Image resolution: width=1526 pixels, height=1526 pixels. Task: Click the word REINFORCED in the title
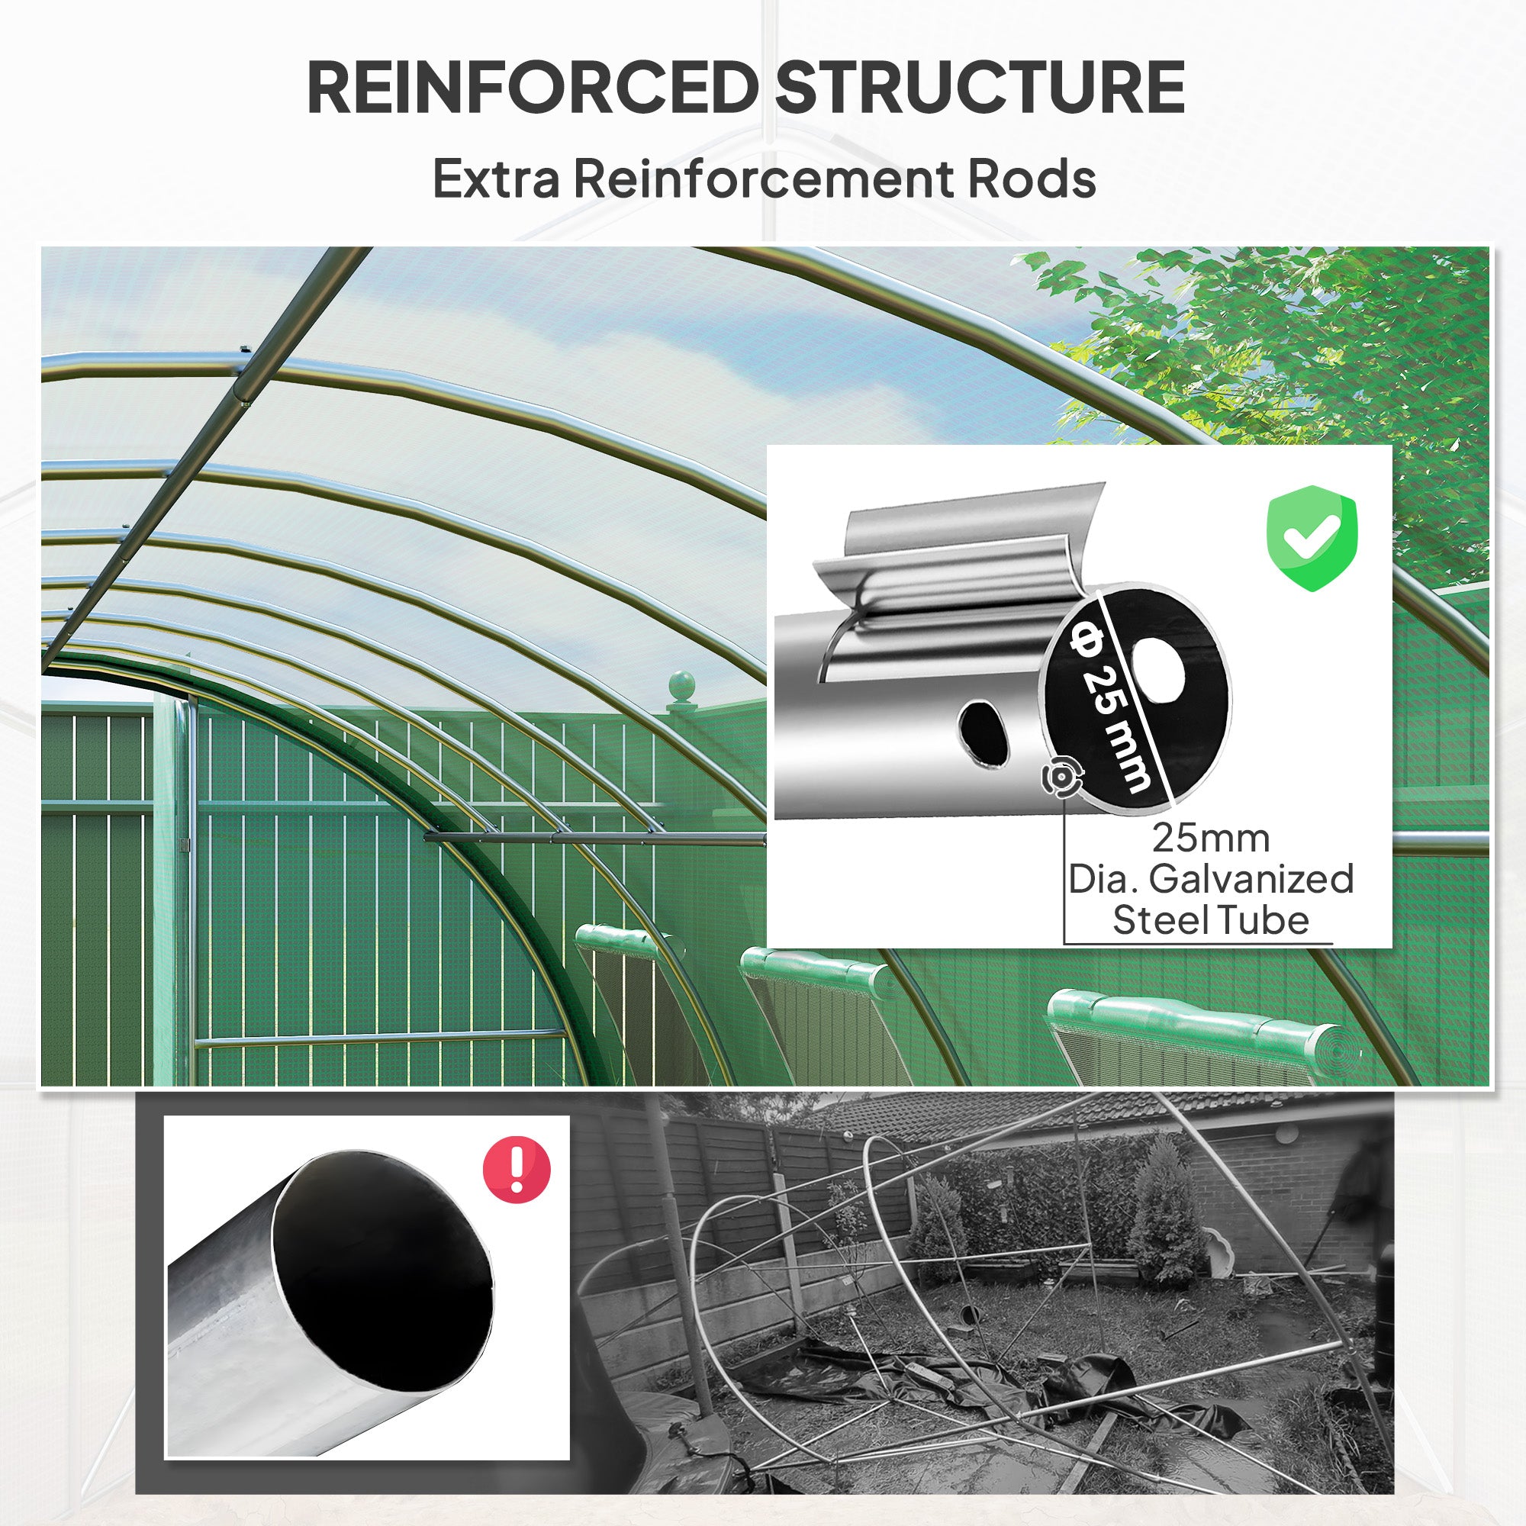(531, 87)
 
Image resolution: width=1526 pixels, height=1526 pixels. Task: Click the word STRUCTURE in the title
(980, 87)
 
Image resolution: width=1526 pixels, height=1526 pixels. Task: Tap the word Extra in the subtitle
(496, 179)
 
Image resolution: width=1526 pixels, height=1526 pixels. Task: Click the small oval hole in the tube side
(984, 734)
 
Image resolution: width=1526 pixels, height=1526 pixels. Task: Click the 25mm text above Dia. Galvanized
(1210, 838)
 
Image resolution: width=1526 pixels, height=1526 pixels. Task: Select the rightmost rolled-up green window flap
(1193, 1028)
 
